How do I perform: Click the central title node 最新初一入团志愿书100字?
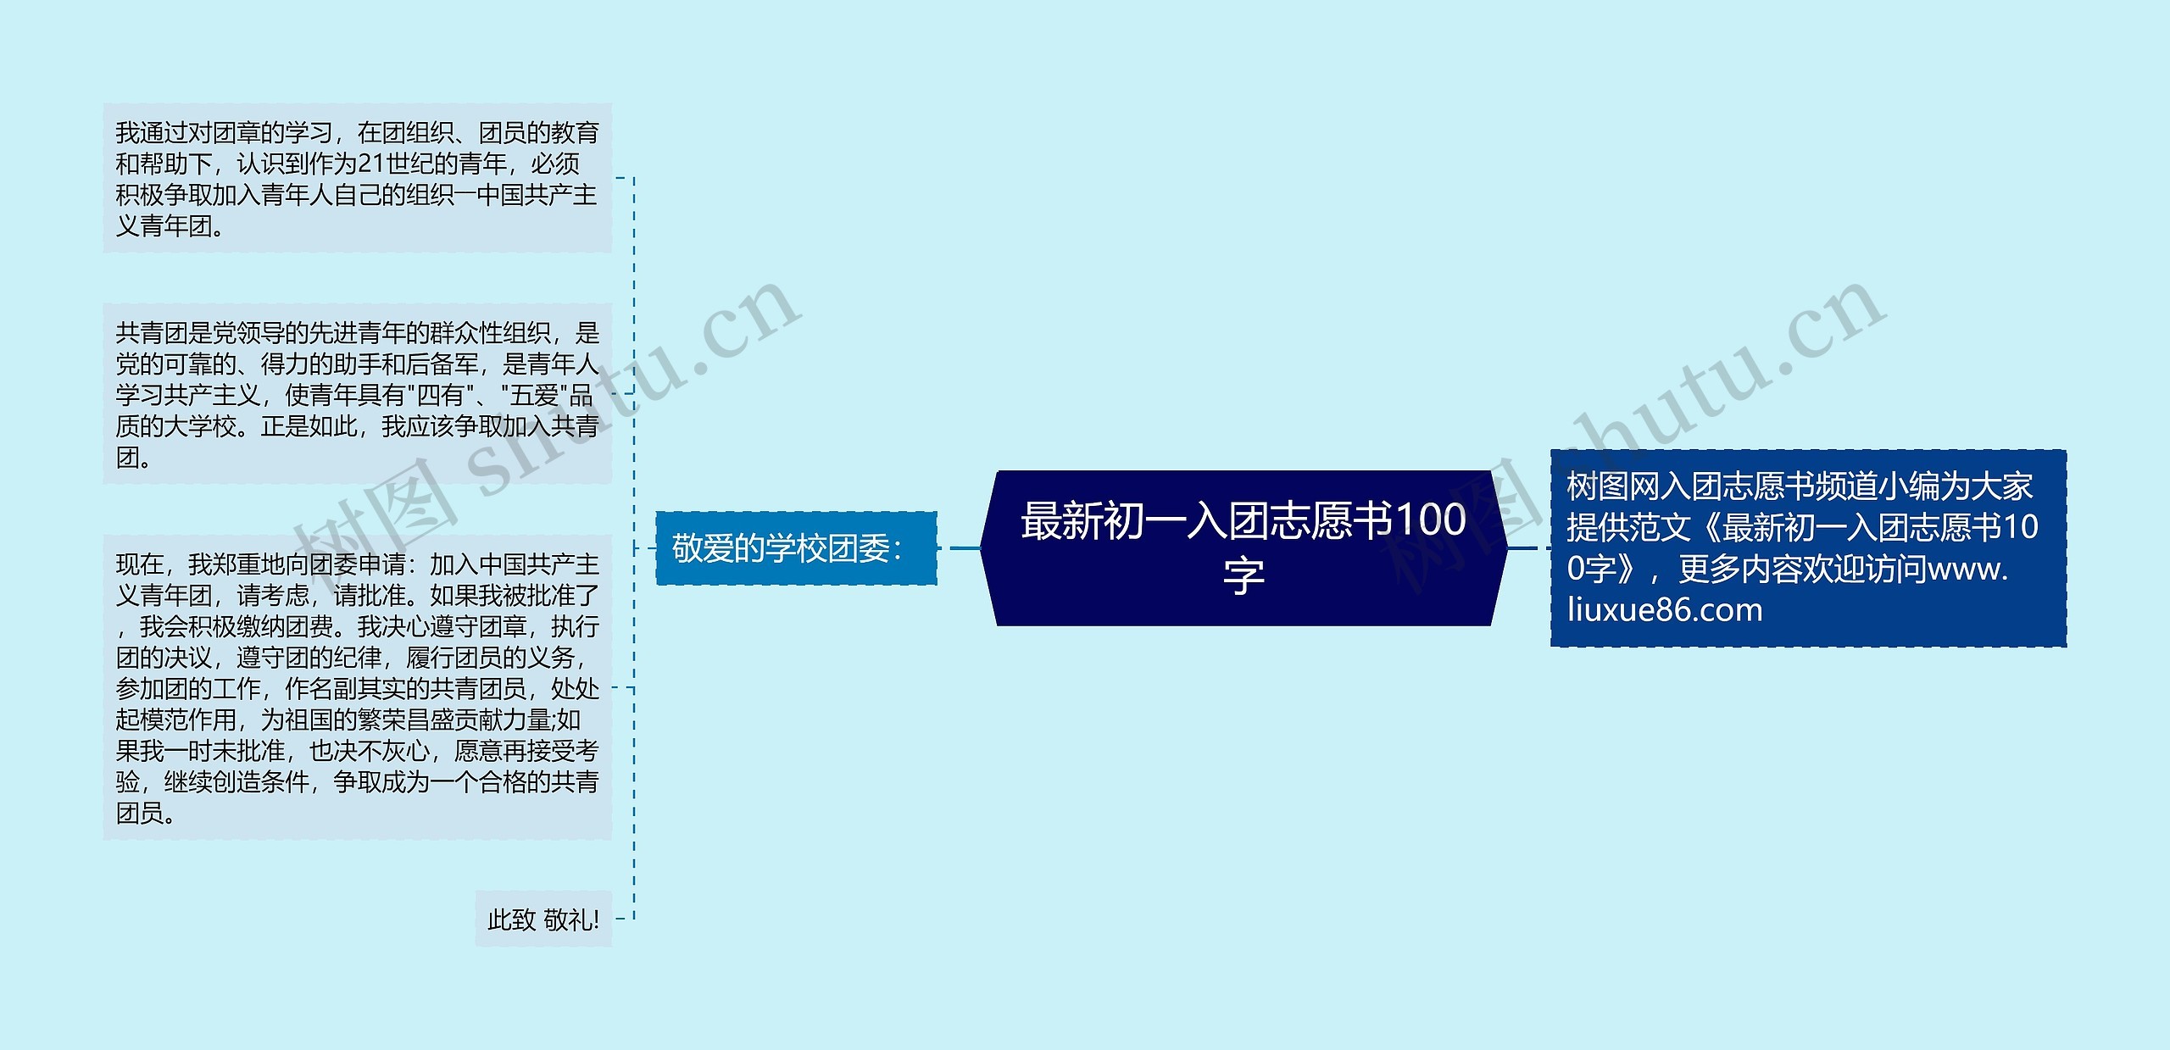tap(1244, 548)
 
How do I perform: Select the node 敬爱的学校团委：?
tap(796, 548)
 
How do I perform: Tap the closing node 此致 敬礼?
tap(543, 919)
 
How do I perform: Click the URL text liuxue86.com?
tap(1665, 610)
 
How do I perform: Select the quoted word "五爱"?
tap(534, 395)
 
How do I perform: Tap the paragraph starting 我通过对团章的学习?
tap(358, 178)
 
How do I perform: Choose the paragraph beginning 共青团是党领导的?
tap(358, 394)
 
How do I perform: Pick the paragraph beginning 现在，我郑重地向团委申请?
tap(358, 687)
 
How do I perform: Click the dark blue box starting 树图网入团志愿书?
tap(1808, 548)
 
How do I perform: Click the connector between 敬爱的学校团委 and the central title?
tap(959, 548)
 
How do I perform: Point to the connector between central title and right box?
tap(1529, 548)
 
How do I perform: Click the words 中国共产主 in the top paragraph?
tap(538, 195)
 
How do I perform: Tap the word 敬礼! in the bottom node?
tap(571, 919)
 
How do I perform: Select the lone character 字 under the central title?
tap(1244, 576)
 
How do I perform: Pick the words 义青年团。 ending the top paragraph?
tap(170, 226)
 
